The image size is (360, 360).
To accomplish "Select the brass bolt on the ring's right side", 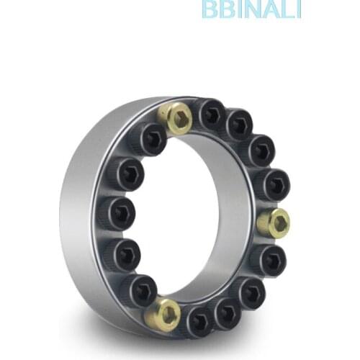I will click(274, 222).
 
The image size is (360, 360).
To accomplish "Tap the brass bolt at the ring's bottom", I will click(166, 313).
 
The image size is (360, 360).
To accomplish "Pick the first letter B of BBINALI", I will click(210, 9).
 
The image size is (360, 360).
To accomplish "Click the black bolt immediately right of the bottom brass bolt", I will click(198, 320).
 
